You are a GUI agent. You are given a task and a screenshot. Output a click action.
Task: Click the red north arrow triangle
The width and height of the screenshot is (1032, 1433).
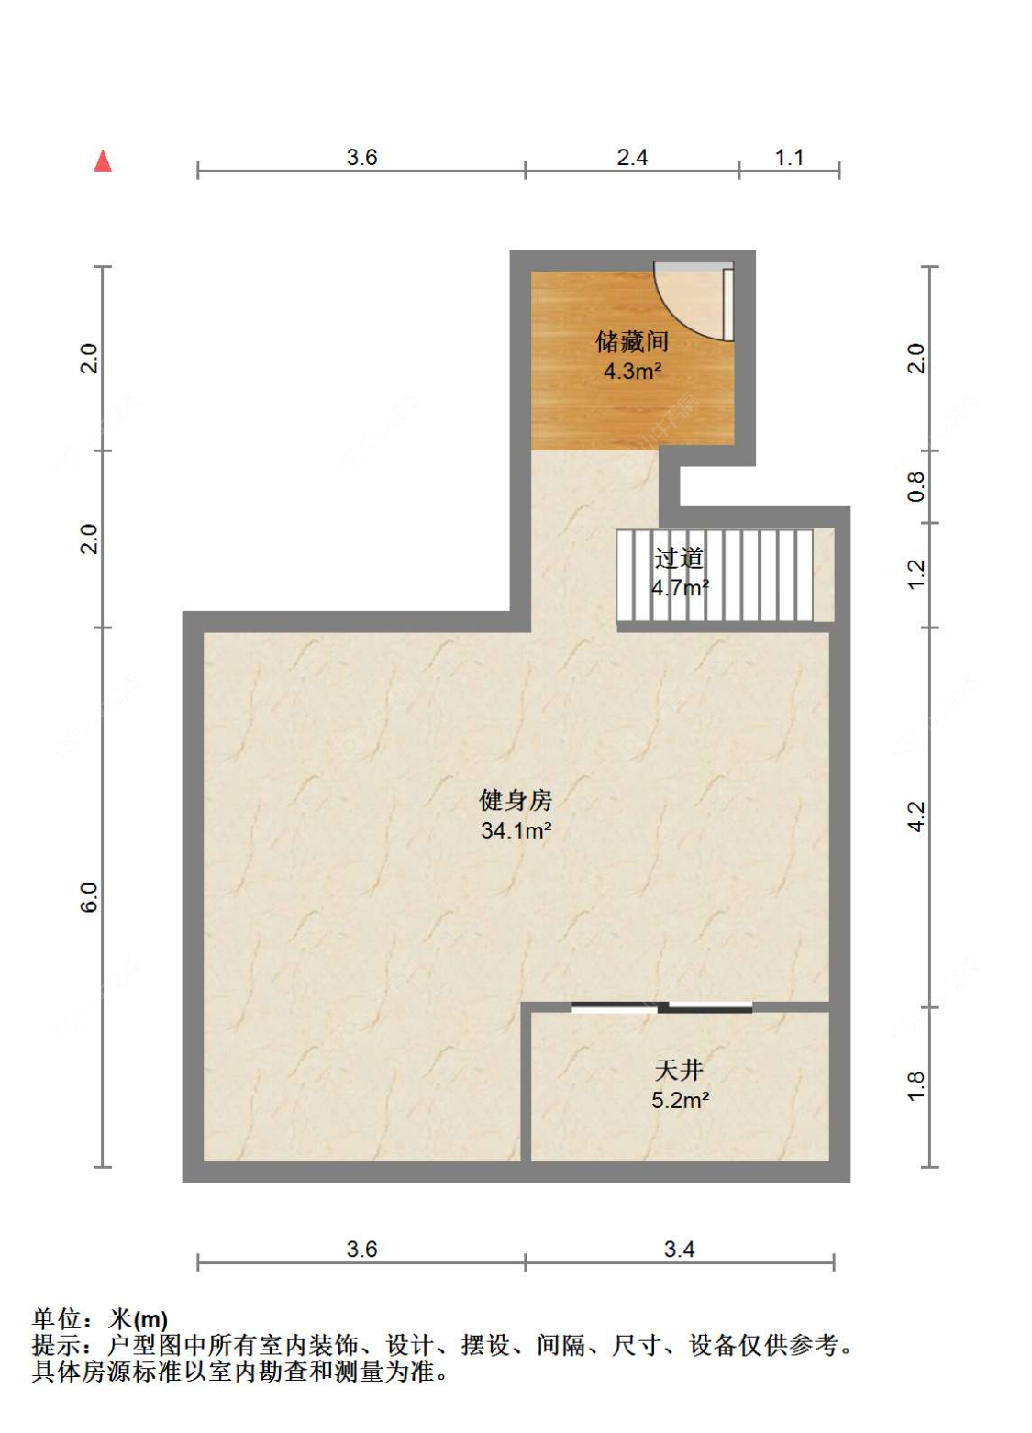tap(103, 161)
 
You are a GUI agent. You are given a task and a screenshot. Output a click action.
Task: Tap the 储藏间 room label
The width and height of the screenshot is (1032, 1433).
tap(631, 341)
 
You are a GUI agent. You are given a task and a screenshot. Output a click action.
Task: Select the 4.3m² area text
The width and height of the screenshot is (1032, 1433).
tap(631, 371)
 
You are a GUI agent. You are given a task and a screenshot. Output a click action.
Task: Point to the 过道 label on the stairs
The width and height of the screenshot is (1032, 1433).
tap(679, 558)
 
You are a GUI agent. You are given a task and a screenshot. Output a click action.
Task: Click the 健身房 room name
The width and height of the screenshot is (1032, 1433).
tap(515, 800)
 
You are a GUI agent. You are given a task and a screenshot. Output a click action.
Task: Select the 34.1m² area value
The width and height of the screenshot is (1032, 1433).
tap(516, 830)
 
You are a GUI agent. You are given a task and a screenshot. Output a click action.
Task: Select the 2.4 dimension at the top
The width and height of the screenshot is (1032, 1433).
tap(632, 158)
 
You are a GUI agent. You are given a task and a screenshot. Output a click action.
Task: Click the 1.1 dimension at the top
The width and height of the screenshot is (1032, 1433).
tap(789, 158)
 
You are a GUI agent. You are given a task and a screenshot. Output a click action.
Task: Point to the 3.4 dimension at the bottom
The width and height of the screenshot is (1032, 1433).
tap(679, 1249)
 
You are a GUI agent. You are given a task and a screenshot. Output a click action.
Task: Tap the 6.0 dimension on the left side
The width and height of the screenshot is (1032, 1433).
tap(90, 897)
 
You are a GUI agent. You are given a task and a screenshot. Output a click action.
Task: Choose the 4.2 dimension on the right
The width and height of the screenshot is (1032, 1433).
tap(916, 816)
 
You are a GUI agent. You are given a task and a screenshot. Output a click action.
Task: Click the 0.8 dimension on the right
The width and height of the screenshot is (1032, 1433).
tap(916, 487)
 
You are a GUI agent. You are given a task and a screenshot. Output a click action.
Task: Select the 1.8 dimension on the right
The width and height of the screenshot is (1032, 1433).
tap(916, 1086)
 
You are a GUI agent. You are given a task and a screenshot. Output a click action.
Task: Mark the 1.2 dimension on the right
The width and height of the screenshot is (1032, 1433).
tap(916, 573)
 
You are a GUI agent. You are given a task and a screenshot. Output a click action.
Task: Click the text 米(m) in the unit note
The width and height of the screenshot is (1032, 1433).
tap(138, 1320)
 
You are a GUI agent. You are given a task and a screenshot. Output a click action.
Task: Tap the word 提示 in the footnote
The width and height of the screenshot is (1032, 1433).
tap(56, 1345)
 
